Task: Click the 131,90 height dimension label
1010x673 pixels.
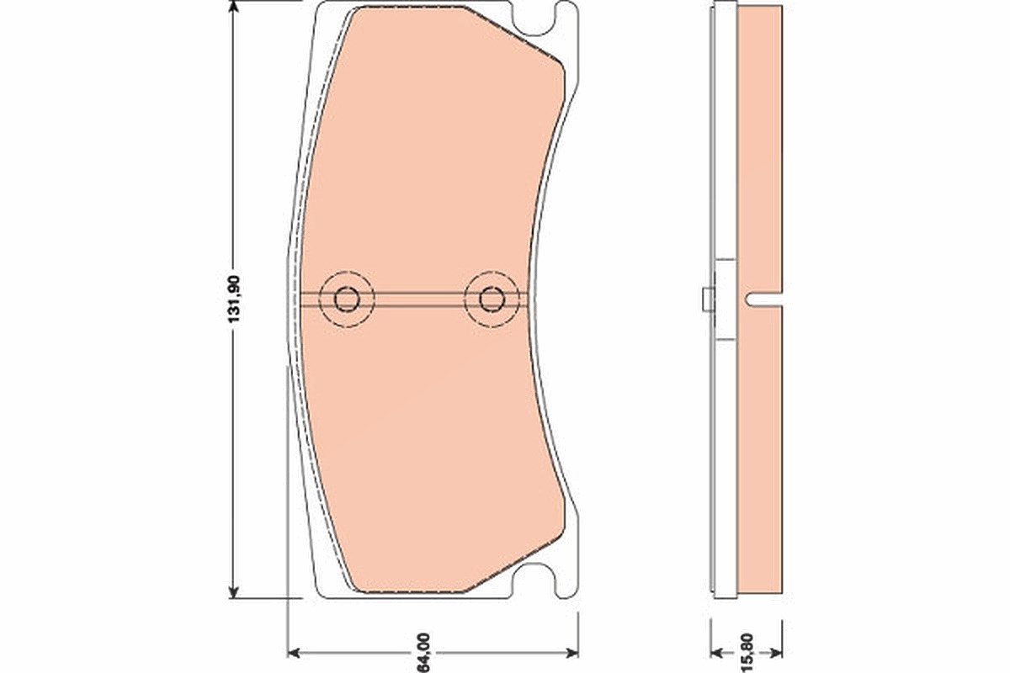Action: point(235,299)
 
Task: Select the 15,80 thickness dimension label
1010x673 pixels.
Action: point(747,653)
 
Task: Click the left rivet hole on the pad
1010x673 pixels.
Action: point(346,299)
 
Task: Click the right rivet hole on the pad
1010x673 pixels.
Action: point(492,299)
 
